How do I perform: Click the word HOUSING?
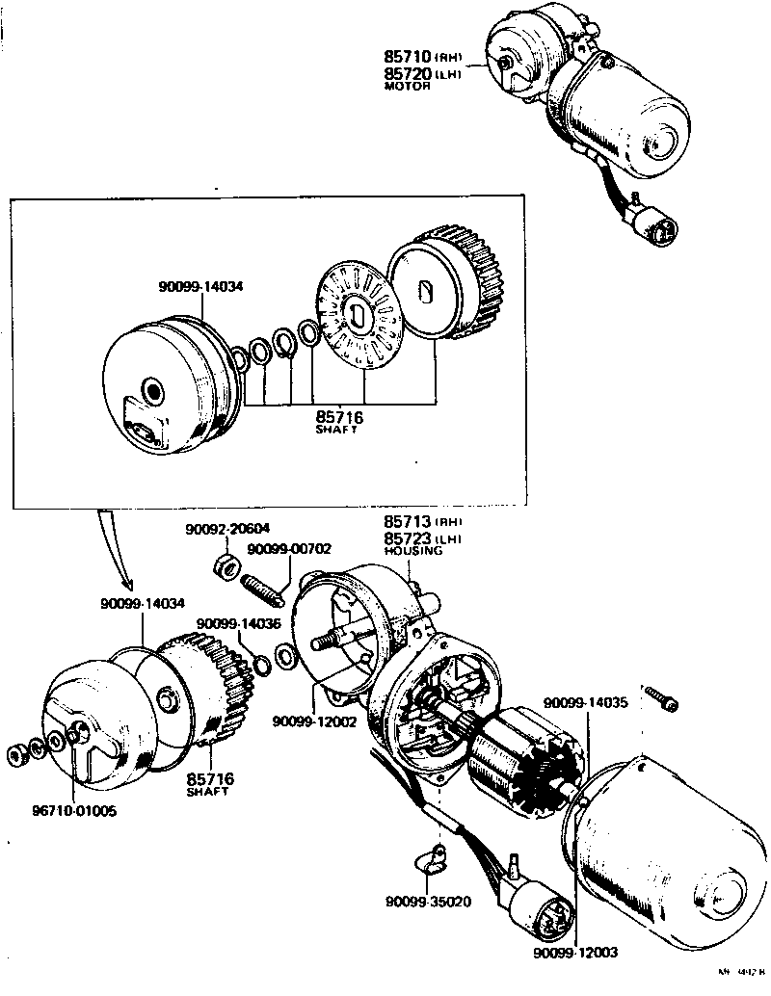pyautogui.click(x=413, y=551)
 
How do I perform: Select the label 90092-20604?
pyautogui.click(x=227, y=529)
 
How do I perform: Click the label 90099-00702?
pyautogui.click(x=289, y=549)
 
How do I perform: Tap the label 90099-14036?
pyautogui.click(x=238, y=624)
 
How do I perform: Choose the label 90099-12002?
pyautogui.click(x=314, y=721)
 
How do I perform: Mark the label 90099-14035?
pyautogui.click(x=585, y=702)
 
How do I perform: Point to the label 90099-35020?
pyautogui.click(x=427, y=903)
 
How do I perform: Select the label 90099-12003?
pyautogui.click(x=576, y=953)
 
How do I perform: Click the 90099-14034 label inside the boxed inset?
pyautogui.click(x=202, y=286)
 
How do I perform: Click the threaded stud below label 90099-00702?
pyautogui.click(x=262, y=587)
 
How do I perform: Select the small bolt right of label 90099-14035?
pyautogui.click(x=665, y=702)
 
